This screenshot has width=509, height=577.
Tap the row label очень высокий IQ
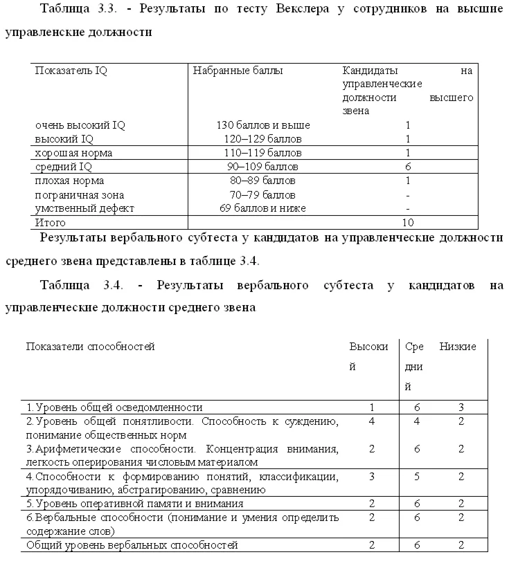click(x=80, y=125)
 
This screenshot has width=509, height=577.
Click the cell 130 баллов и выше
click(x=263, y=125)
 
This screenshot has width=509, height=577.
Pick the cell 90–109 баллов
click(x=263, y=167)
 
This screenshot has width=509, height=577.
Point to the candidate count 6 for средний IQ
click(x=409, y=167)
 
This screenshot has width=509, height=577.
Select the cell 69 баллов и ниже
click(x=263, y=208)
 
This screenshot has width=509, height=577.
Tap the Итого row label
click(x=51, y=223)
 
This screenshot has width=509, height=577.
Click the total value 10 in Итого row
click(x=409, y=223)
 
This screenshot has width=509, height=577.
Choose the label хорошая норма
click(x=74, y=153)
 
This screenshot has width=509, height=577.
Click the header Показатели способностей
click(x=90, y=347)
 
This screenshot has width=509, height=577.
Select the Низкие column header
click(x=458, y=347)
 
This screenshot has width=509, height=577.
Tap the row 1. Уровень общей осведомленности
click(x=114, y=407)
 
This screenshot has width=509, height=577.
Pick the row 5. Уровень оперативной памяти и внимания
click(x=134, y=504)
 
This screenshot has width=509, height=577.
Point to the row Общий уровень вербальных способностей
click(x=132, y=545)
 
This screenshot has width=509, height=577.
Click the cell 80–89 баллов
click(x=263, y=181)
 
